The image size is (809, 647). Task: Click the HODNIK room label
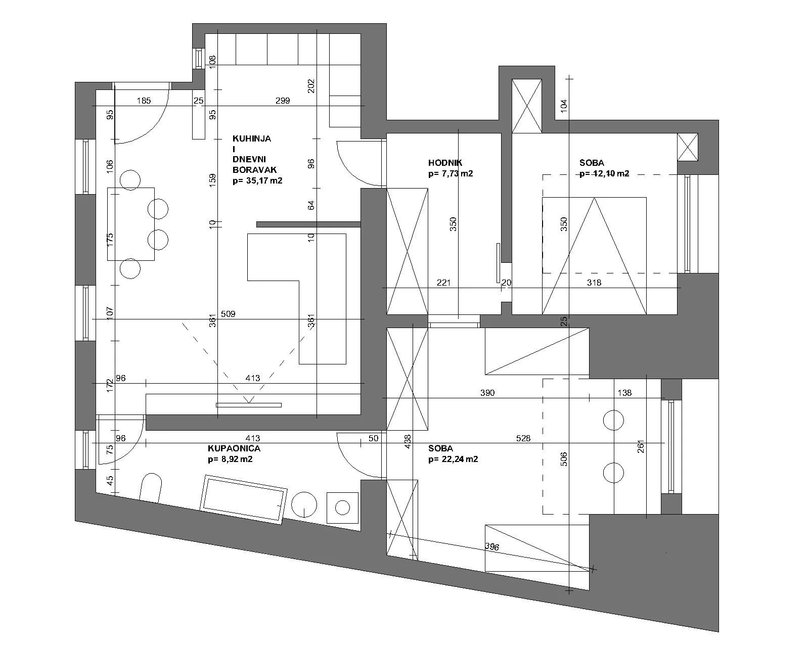(445, 163)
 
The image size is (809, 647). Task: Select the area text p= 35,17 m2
(257, 180)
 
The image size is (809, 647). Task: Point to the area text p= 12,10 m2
(604, 173)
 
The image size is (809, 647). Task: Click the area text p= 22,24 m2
(453, 459)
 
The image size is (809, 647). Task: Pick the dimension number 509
(228, 314)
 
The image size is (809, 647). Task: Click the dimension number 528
(523, 438)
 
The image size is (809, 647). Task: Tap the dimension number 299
(283, 101)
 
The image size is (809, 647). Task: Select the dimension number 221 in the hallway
(443, 283)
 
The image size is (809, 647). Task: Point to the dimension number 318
(594, 283)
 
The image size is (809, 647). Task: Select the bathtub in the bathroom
(244, 498)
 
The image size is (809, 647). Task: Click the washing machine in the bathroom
(343, 507)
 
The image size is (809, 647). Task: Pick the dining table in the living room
(130, 224)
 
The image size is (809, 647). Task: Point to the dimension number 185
(144, 101)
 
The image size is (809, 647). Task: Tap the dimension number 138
(625, 393)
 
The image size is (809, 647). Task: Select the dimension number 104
(564, 105)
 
